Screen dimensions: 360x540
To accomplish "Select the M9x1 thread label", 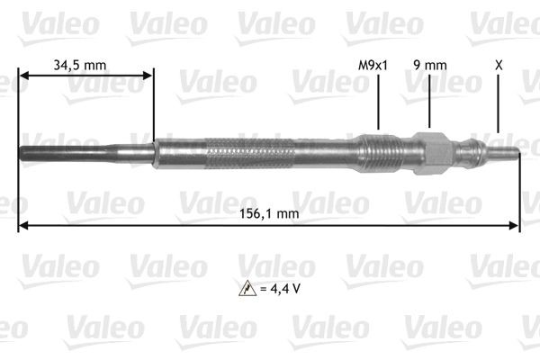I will pyautogui.click(x=372, y=64).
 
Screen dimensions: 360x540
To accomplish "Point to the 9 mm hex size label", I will pyautogui.click(x=428, y=64).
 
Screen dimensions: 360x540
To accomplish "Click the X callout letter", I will pyautogui.click(x=498, y=64).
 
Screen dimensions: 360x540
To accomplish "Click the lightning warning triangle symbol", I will pyautogui.click(x=245, y=288).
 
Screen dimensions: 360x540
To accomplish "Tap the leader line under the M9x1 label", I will pyautogui.click(x=378, y=103).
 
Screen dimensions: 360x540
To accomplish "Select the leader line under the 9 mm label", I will pyautogui.click(x=429, y=103).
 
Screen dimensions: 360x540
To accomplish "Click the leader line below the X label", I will pyautogui.click(x=498, y=108).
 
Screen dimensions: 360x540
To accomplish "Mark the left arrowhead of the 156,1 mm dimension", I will pyautogui.click(x=22, y=225).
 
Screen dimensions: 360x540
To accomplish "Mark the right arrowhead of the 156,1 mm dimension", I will pyautogui.click(x=516, y=225).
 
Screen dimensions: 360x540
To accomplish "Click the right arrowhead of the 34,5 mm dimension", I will pyautogui.click(x=149, y=77).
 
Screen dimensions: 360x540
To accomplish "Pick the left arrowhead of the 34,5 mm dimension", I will pyautogui.click(x=23, y=77).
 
